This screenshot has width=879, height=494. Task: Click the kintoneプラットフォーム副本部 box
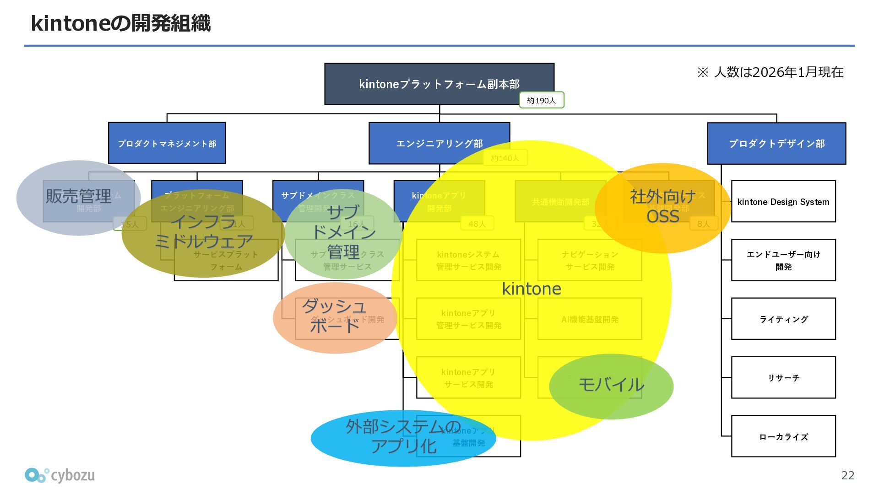(439, 84)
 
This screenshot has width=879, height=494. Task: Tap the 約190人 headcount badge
(541, 100)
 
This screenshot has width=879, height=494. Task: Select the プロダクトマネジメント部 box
(167, 143)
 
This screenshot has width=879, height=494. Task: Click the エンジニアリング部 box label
(439, 144)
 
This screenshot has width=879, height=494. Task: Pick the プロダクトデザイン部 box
(776, 143)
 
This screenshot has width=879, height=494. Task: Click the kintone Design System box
(783, 202)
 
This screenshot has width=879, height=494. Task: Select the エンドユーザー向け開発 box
(783, 260)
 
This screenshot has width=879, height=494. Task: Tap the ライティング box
(783, 319)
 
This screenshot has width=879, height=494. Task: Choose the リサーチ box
(783, 377)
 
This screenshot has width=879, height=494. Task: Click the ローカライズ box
(783, 436)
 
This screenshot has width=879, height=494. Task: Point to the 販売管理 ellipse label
(78, 196)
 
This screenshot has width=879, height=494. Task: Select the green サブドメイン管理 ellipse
(343, 233)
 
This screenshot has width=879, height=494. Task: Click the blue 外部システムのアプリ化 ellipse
(403, 437)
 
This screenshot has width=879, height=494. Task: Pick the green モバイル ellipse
(611, 386)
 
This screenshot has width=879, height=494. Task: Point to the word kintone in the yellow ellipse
(532, 289)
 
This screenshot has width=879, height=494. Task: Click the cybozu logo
(60, 475)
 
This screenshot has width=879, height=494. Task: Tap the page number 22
(847, 475)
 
